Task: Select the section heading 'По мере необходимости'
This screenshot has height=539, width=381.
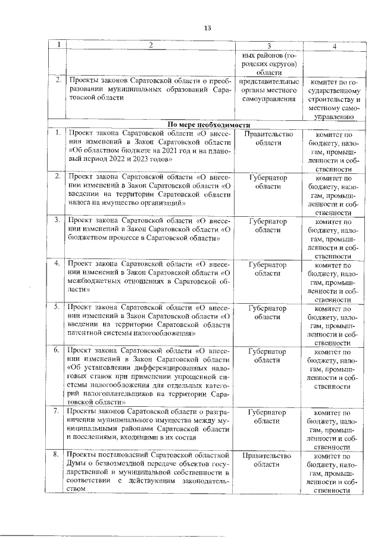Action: pyautogui.click(x=208, y=124)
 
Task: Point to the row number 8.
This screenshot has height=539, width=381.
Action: pyautogui.click(x=56, y=456)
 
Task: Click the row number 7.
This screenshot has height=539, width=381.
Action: pyautogui.click(x=56, y=412)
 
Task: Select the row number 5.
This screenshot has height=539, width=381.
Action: pyautogui.click(x=56, y=307)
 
